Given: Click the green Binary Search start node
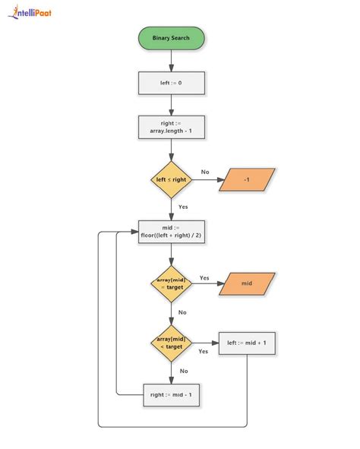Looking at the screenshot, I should pyautogui.click(x=171, y=37).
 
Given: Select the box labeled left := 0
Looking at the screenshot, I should pyautogui.click(x=171, y=82).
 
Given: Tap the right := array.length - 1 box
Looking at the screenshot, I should pyautogui.click(x=171, y=128).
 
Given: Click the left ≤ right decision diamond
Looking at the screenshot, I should pyautogui.click(x=171, y=180).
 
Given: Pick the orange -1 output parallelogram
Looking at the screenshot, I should pyautogui.click(x=247, y=180).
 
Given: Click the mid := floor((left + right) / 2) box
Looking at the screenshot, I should pyautogui.click(x=171, y=232).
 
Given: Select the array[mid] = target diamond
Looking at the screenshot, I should pyautogui.click(x=171, y=284).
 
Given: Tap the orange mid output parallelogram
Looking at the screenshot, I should pyautogui.click(x=247, y=284).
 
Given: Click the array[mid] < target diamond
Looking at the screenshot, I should pyautogui.click(x=171, y=342).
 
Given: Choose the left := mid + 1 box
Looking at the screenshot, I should pyautogui.click(x=247, y=343).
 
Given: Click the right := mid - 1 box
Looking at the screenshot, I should pyautogui.click(x=172, y=394).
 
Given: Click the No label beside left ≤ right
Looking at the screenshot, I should pyautogui.click(x=205, y=172).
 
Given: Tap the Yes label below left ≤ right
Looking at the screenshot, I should pyautogui.click(x=183, y=207).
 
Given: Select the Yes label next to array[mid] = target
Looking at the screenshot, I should pyautogui.click(x=204, y=277).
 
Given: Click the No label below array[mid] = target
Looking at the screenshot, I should pyautogui.click(x=182, y=311).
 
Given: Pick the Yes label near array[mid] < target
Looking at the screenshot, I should pyautogui.click(x=204, y=351).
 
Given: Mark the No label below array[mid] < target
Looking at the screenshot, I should pyautogui.click(x=182, y=371).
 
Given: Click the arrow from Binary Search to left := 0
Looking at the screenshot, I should pyautogui.click(x=171, y=59).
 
